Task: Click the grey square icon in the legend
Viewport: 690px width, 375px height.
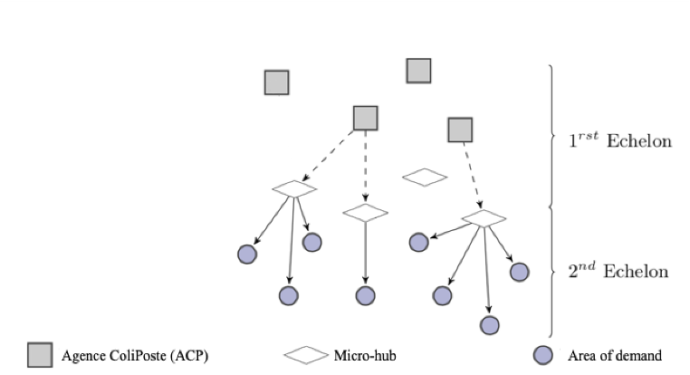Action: coord(40,354)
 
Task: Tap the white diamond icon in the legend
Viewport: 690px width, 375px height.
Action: coord(306,354)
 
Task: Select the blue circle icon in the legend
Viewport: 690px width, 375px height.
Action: coord(543,354)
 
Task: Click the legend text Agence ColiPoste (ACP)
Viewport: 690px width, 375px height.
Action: coord(135,355)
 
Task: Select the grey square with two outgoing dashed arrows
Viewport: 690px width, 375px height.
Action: coord(365,118)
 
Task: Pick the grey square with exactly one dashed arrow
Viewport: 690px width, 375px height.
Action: coord(461,130)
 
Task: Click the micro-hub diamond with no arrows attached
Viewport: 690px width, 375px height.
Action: coord(425,178)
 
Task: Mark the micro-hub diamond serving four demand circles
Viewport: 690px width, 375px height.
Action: coord(484,218)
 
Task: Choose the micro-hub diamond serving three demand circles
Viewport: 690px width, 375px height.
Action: coord(294,188)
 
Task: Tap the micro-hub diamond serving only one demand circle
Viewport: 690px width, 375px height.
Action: coord(365,213)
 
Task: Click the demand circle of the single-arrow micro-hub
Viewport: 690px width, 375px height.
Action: coord(365,296)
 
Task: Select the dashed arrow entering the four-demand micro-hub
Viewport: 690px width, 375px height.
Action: coord(472,177)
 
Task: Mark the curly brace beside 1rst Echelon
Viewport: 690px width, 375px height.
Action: coord(551,136)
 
